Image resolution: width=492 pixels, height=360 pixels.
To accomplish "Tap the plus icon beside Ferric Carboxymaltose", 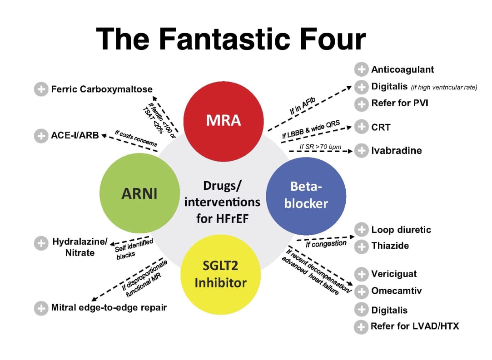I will pyautogui.click(x=41, y=89).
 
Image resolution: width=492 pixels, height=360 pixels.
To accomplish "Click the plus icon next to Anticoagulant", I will pyautogui.click(x=361, y=69).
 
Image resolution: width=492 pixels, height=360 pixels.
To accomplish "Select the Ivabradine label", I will pyautogui.click(x=396, y=150).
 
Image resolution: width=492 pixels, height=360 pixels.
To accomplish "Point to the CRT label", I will pyautogui.click(x=381, y=127).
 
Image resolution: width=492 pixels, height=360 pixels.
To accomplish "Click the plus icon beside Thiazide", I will pyautogui.click(x=361, y=246).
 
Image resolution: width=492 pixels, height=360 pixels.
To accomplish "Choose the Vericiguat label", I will pyautogui.click(x=394, y=274).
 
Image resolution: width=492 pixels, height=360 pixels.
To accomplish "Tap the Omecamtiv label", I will pyautogui.click(x=396, y=291).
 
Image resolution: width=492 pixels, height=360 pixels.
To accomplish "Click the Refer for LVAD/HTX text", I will pyautogui.click(x=415, y=326).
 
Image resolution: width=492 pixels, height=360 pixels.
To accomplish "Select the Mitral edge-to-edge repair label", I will pyautogui.click(x=109, y=308).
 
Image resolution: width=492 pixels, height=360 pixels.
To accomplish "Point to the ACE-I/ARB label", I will pyautogui.click(x=75, y=135).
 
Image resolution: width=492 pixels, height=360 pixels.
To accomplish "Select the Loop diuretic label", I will pyautogui.click(x=401, y=230).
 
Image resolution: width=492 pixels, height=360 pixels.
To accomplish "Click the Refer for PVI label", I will pyautogui.click(x=399, y=103).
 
